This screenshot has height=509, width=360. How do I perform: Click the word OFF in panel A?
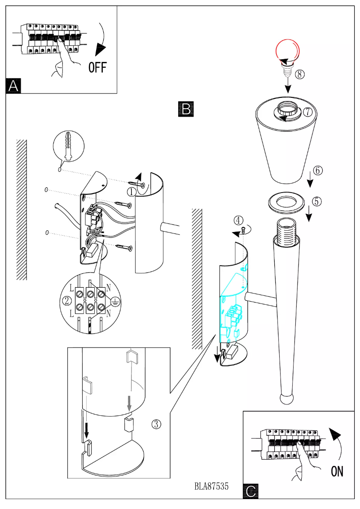click(97, 67)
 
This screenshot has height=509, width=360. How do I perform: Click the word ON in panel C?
click(337, 471)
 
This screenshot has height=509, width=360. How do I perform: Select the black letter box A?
click(13, 86)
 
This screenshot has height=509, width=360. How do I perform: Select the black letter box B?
click(186, 109)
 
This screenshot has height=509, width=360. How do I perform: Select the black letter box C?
click(251, 491)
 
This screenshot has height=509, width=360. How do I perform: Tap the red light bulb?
click(287, 51)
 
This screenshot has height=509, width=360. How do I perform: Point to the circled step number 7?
click(307, 112)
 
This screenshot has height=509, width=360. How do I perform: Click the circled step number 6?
click(317, 171)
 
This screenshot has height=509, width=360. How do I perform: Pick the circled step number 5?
click(316, 202)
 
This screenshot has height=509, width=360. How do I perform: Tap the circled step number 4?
click(239, 220)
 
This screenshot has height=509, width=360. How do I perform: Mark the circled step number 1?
click(131, 192)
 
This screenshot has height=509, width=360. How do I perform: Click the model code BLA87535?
click(211, 486)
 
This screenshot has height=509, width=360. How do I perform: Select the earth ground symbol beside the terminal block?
click(114, 301)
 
